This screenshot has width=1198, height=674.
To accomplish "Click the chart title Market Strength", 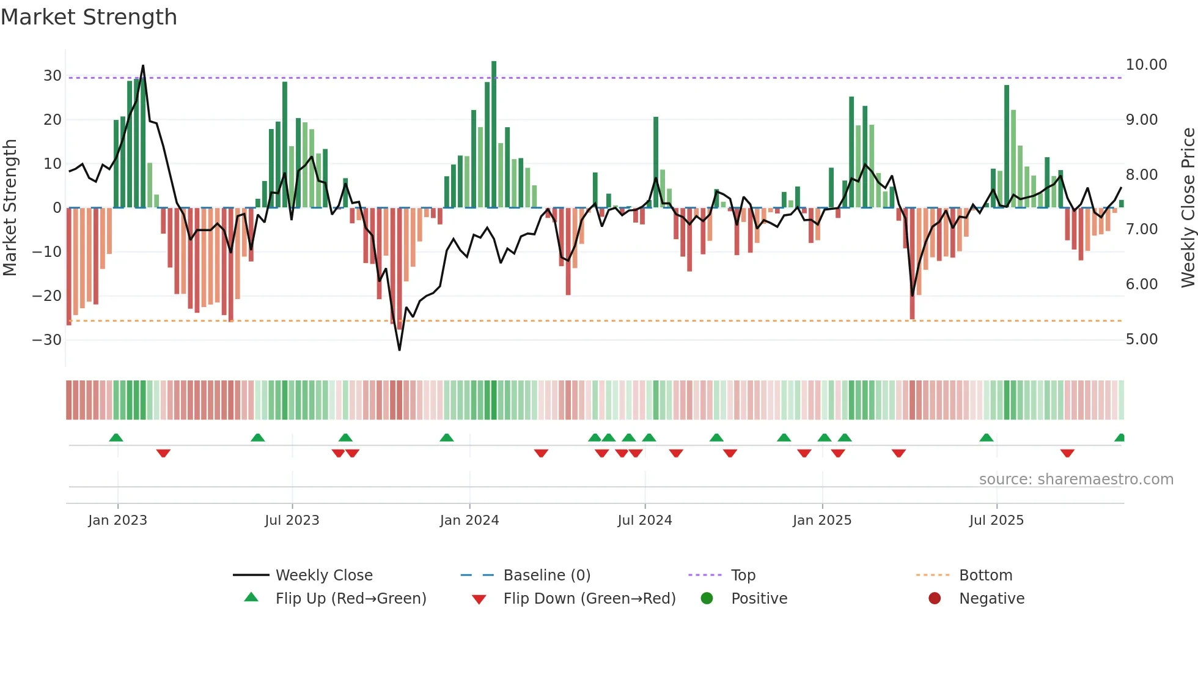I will click(89, 17).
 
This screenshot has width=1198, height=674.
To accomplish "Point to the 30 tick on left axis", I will click(53, 76).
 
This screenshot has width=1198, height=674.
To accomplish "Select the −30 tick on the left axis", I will click(48, 339).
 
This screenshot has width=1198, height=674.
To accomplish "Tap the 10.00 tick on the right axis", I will click(1146, 65).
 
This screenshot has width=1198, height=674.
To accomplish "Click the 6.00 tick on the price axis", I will click(1141, 284).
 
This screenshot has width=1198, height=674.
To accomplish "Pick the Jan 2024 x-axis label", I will click(469, 520).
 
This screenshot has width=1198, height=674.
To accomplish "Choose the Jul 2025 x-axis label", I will click(996, 520).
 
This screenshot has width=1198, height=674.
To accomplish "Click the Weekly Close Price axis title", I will click(1188, 207).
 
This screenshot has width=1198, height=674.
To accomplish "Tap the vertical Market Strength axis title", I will click(10, 207).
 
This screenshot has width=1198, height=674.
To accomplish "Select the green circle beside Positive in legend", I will click(707, 599).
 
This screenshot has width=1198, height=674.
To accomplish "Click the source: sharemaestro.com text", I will click(1076, 480).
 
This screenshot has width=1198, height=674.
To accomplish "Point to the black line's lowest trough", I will click(400, 350).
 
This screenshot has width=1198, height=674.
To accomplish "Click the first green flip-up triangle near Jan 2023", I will click(116, 437).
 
